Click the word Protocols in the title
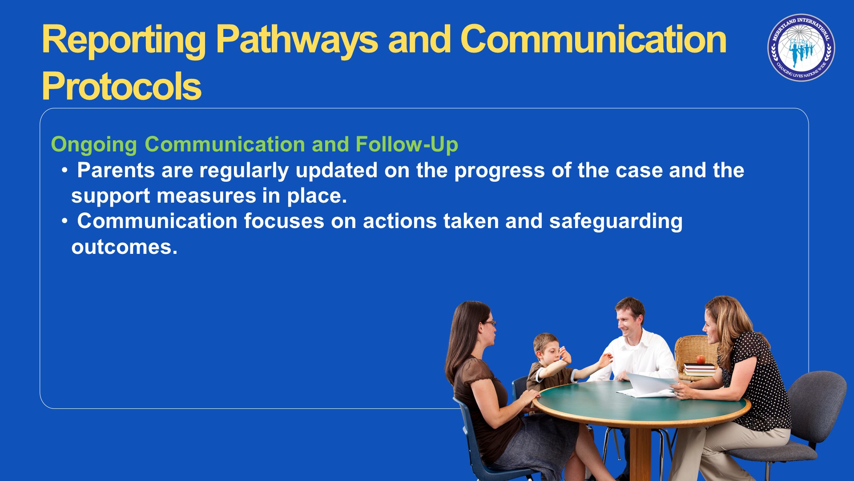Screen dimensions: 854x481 point(121,86)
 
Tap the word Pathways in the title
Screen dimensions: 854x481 point(297,41)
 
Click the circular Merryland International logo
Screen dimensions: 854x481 point(801,48)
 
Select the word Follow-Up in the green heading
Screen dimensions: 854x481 point(407,144)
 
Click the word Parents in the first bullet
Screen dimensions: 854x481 point(116,170)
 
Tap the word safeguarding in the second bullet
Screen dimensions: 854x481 point(616,222)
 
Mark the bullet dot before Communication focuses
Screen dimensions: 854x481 point(65,221)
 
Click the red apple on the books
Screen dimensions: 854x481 point(701,359)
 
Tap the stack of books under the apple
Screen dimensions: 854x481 point(700,370)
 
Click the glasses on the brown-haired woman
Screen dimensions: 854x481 point(490,323)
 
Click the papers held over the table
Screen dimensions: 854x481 point(648,386)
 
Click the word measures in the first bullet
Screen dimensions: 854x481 point(206,196)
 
